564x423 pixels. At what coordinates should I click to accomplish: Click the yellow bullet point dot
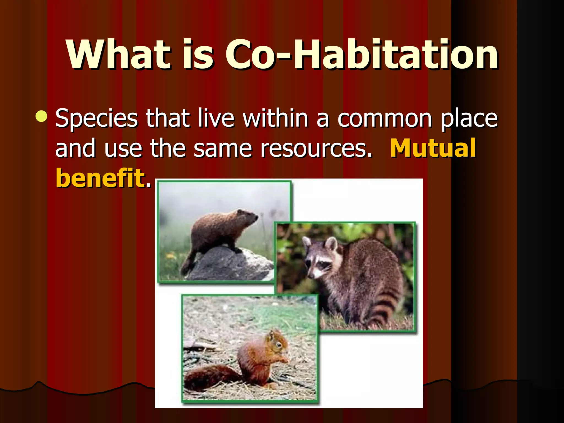[42, 116]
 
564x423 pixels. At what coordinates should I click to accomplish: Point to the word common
[384, 118]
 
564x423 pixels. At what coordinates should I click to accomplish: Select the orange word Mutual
[433, 148]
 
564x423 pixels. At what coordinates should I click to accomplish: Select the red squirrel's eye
[279, 345]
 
